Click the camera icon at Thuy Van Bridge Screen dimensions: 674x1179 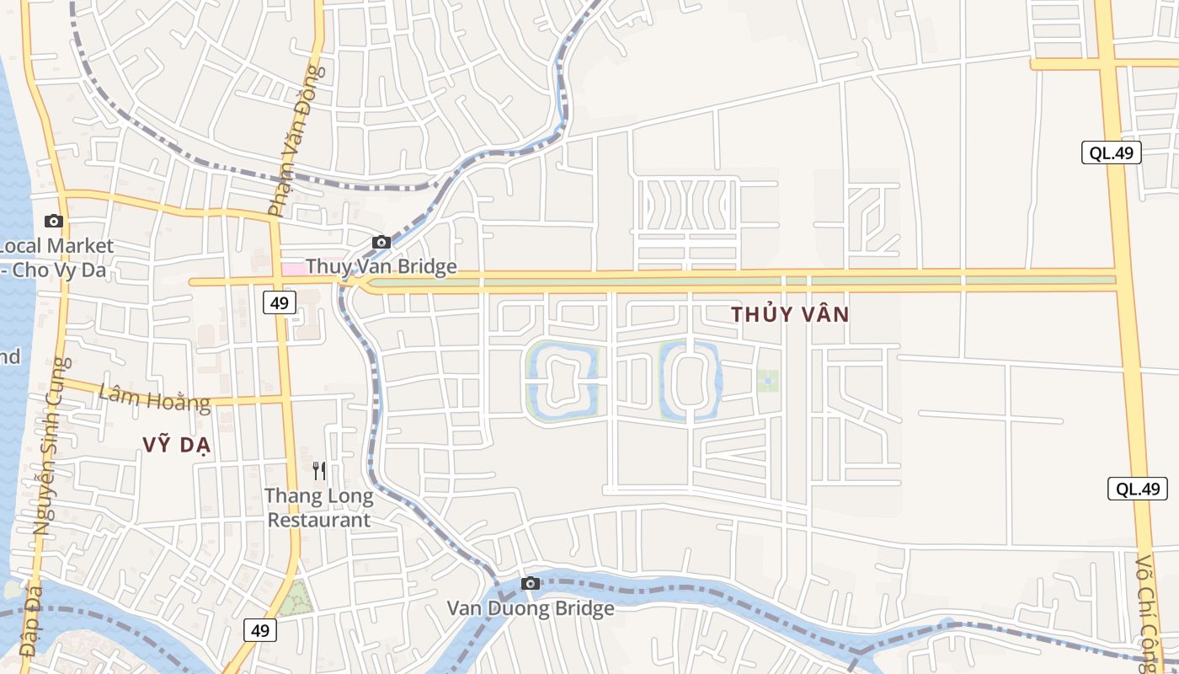(x=381, y=243)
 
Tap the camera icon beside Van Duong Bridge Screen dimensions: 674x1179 (x=530, y=583)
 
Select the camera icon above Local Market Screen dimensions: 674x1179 (x=54, y=221)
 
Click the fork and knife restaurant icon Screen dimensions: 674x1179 (x=319, y=470)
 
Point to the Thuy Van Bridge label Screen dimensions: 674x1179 (x=381, y=267)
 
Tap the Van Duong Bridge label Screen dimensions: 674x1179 (x=531, y=608)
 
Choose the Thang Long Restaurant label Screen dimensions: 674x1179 (x=319, y=508)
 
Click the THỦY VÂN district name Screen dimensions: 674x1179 (x=790, y=315)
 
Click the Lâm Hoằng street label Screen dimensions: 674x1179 (x=154, y=397)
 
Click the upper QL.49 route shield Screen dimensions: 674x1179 (x=1112, y=152)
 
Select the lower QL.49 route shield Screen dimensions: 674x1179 (x=1138, y=489)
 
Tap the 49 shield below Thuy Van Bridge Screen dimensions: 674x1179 (x=280, y=302)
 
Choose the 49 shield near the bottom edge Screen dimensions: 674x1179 (x=261, y=629)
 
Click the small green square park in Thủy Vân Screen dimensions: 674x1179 (x=767, y=381)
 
